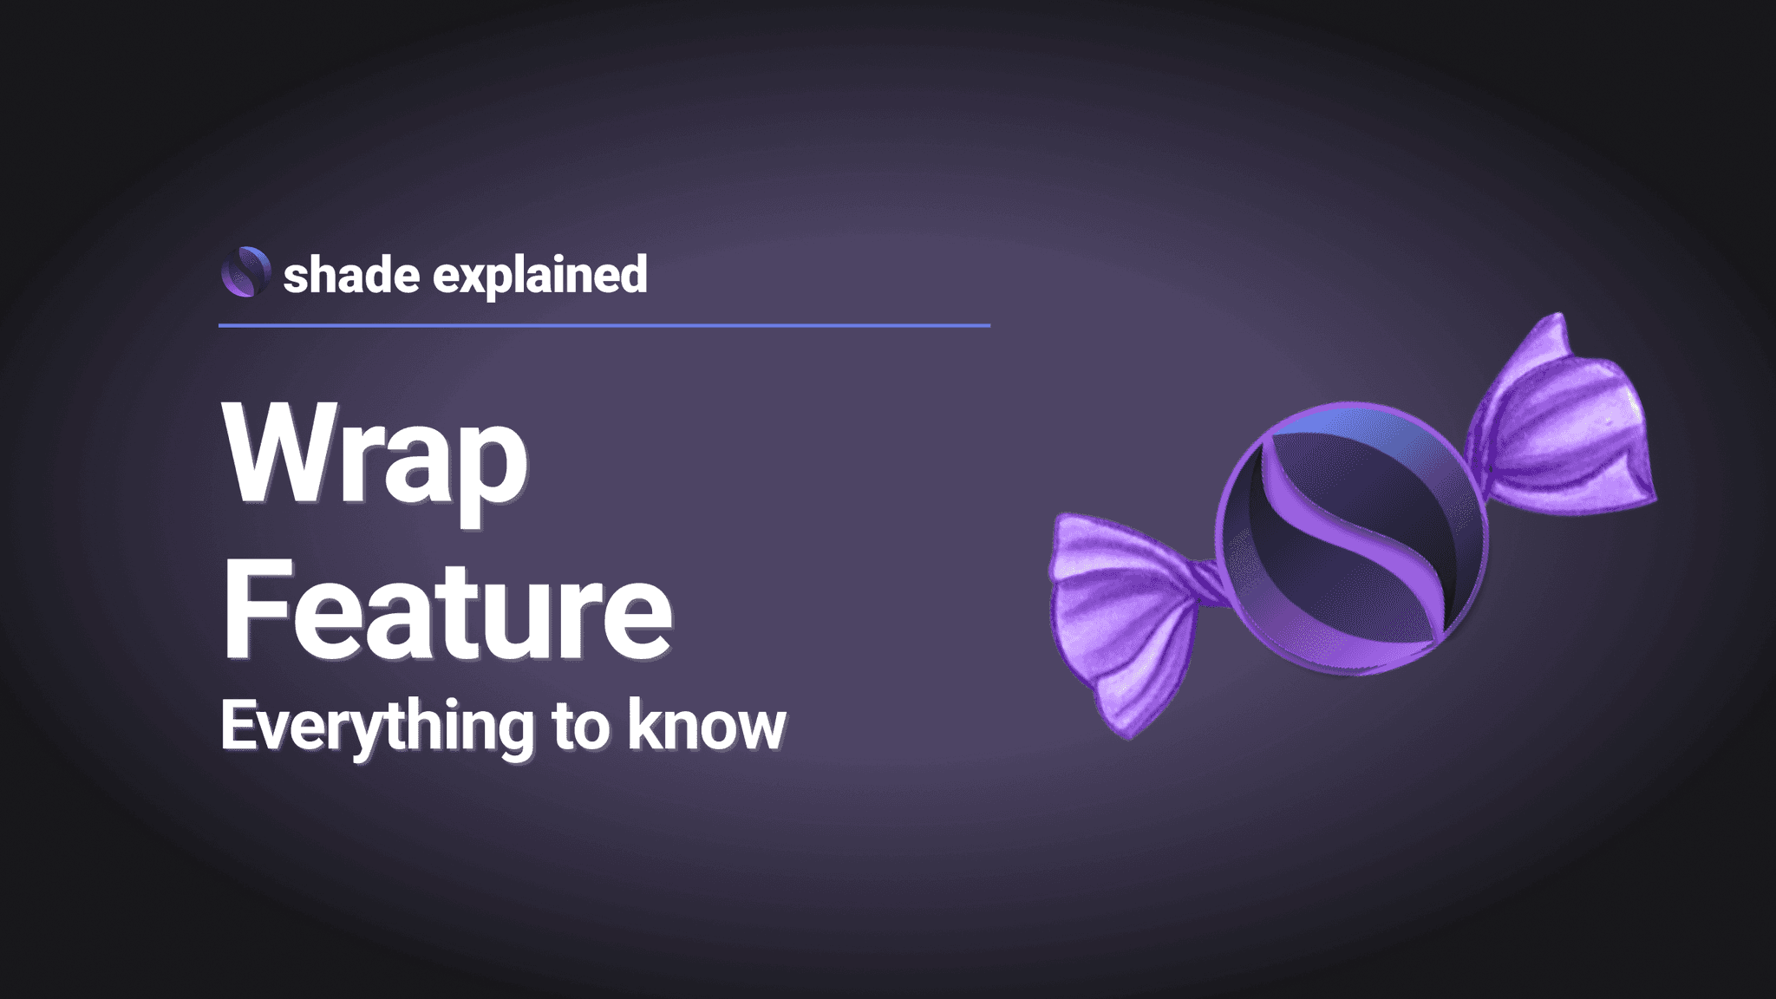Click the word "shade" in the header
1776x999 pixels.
(351, 276)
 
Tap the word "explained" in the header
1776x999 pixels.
(539, 276)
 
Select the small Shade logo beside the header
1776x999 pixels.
(245, 271)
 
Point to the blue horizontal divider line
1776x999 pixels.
(604, 325)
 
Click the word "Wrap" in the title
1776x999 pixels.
(375, 455)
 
